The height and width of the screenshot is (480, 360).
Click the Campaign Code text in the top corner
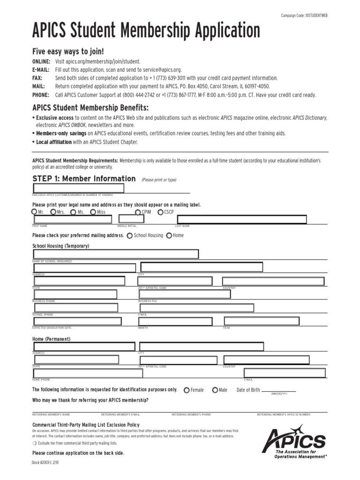click(x=304, y=15)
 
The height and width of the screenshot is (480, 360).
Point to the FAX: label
click(x=37, y=78)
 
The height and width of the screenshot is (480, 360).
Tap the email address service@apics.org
click(x=157, y=69)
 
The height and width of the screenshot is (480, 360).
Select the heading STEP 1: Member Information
click(x=83, y=179)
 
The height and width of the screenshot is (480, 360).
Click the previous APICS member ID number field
click(x=78, y=188)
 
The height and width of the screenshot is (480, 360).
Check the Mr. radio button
click(x=35, y=212)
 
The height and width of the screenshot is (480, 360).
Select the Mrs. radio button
click(x=53, y=212)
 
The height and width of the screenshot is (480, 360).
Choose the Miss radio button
click(x=93, y=212)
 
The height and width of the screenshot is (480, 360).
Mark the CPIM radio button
click(x=138, y=212)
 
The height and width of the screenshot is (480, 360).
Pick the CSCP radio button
click(x=160, y=212)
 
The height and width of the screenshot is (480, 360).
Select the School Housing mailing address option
click(x=129, y=235)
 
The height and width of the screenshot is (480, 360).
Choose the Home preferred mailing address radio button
click(x=169, y=235)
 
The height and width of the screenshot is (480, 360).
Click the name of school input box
click(x=115, y=254)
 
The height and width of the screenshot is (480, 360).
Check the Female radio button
click(x=187, y=390)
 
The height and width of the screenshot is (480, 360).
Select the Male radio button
click(x=215, y=390)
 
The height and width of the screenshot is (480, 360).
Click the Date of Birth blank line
click(x=279, y=390)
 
